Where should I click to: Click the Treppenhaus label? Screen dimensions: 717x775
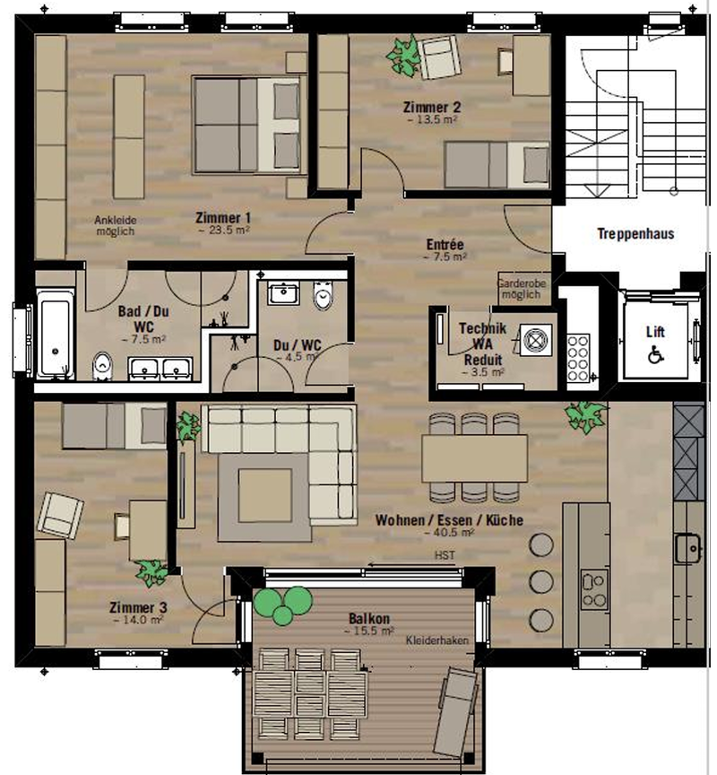(635, 234)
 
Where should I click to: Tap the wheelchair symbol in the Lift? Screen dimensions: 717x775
(656, 354)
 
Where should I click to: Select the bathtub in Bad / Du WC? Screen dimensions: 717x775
(55, 335)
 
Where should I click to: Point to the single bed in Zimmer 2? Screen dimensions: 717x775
(497, 165)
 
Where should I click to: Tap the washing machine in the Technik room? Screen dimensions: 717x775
(536, 340)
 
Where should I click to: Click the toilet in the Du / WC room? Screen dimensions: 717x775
(323, 296)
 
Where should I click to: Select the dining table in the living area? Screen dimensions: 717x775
(474, 458)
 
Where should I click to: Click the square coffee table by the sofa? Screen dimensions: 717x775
(264, 496)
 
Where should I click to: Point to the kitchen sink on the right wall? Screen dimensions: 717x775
(689, 548)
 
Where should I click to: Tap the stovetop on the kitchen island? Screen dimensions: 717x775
(594, 589)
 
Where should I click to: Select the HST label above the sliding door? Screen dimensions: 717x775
(445, 555)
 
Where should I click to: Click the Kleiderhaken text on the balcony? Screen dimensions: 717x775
(437, 640)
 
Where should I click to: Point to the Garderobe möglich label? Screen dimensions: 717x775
(522, 289)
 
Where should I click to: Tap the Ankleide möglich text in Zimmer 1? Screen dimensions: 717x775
(115, 225)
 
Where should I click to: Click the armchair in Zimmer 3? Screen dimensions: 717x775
(60, 515)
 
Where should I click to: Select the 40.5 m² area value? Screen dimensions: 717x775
(449, 533)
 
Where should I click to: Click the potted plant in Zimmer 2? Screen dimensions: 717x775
(403, 56)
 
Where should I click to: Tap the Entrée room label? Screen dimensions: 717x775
(445, 244)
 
